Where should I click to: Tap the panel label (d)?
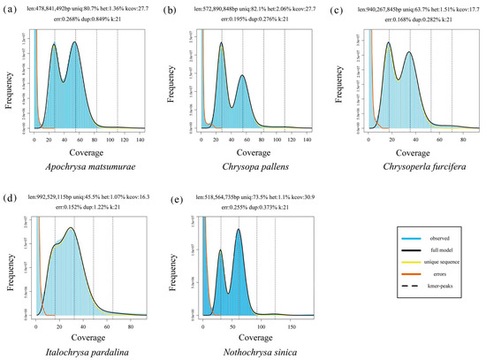11,193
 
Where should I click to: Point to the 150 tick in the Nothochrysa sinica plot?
284,325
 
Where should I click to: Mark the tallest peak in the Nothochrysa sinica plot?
239,230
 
